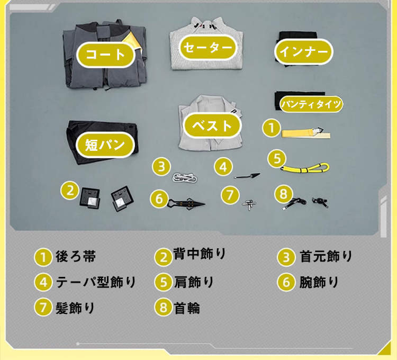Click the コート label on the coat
point(105,55)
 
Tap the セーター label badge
point(207,48)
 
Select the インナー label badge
point(304,52)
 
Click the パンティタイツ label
point(311,104)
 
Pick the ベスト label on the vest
point(212,126)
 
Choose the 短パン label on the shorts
point(105,145)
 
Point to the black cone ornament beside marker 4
point(247,176)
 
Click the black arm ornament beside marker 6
point(186,203)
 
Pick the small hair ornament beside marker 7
point(249,204)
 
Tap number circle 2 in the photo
point(70,191)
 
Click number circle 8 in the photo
point(284,194)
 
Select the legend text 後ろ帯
point(76,256)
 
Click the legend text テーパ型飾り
point(96,282)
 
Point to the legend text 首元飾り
point(326,256)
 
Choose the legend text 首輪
point(187,308)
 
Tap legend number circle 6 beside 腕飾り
point(286,282)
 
